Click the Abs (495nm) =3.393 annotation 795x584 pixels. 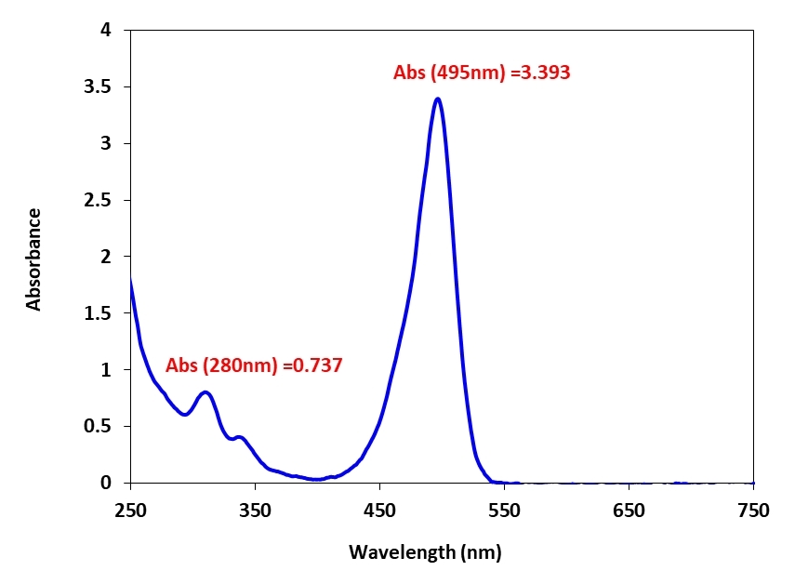pyautogui.click(x=481, y=73)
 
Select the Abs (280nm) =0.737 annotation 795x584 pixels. pyautogui.click(x=254, y=365)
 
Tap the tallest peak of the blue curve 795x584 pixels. pyautogui.click(x=437, y=99)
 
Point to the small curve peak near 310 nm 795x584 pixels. pyautogui.click(x=205, y=392)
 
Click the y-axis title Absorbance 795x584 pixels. pyautogui.click(x=34, y=259)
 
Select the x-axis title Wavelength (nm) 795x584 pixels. pyautogui.click(x=425, y=552)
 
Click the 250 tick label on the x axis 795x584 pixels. pyautogui.click(x=130, y=510)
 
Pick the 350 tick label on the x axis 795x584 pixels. pyautogui.click(x=255, y=510)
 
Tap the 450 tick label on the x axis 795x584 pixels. pyautogui.click(x=379, y=510)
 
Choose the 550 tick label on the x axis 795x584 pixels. pyautogui.click(x=504, y=510)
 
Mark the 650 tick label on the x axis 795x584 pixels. pyautogui.click(x=629, y=510)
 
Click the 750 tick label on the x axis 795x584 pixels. pyautogui.click(x=753, y=510)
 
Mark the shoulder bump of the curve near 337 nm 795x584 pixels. pyautogui.click(x=239, y=436)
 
